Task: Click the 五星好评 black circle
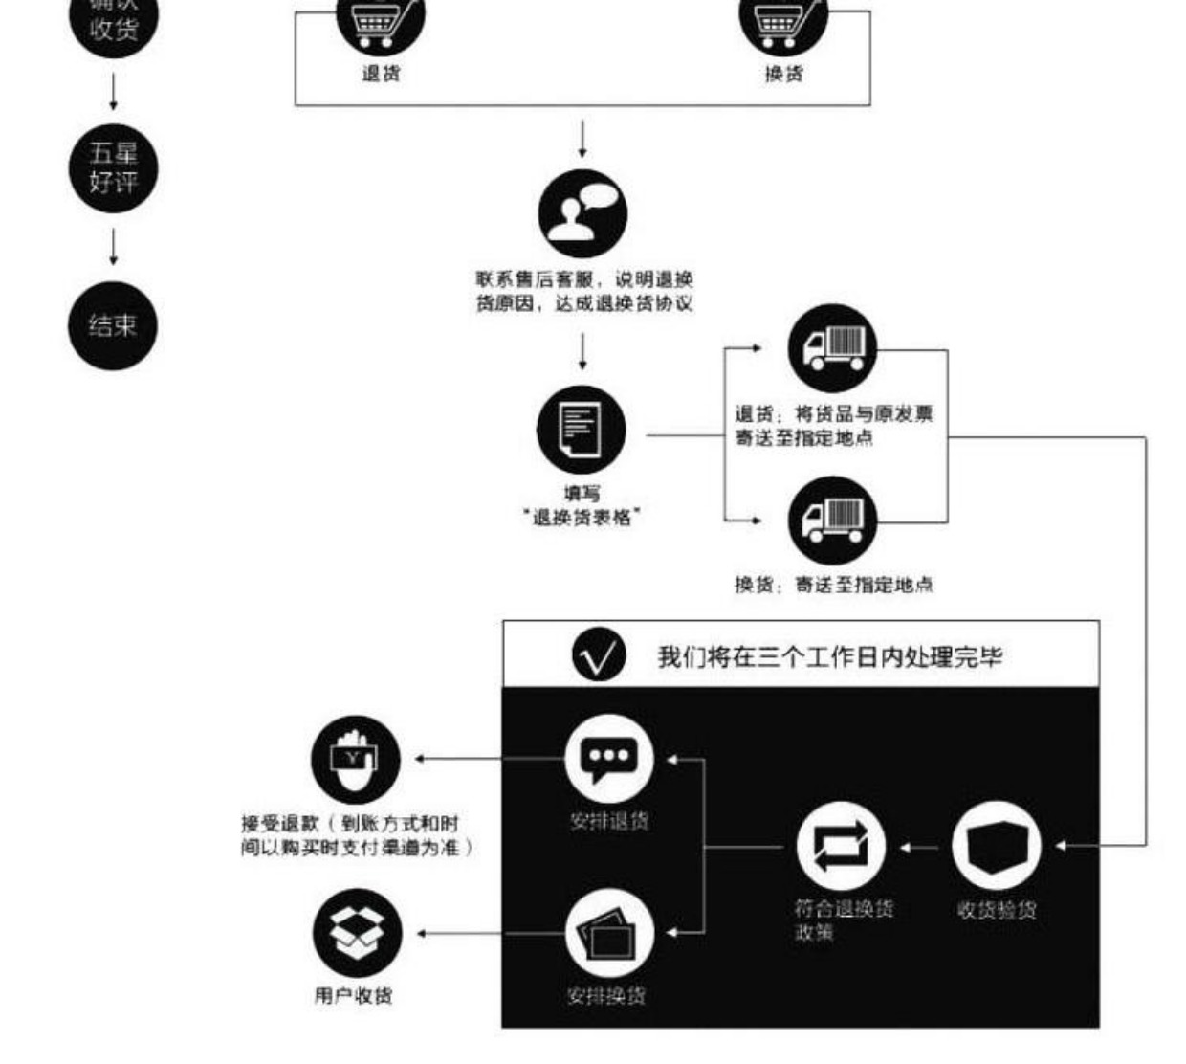pos(113,168)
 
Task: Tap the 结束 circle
pos(113,325)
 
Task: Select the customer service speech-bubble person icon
pos(582,213)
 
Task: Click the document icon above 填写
pos(582,430)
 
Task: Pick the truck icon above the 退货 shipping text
pos(832,348)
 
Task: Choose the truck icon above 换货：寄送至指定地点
pos(832,520)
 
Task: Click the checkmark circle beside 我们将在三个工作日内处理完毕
pos(599,655)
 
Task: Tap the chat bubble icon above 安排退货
pos(609,759)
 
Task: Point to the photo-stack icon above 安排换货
pos(609,934)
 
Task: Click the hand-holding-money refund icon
pos(355,760)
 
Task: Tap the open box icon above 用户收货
pos(357,934)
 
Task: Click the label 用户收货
pos(353,996)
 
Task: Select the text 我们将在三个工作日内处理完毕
pos(829,656)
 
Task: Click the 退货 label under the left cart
pos(381,74)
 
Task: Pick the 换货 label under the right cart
pos(783,74)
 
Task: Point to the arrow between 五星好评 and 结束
pos(113,246)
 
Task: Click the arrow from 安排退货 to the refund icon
pos(488,760)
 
